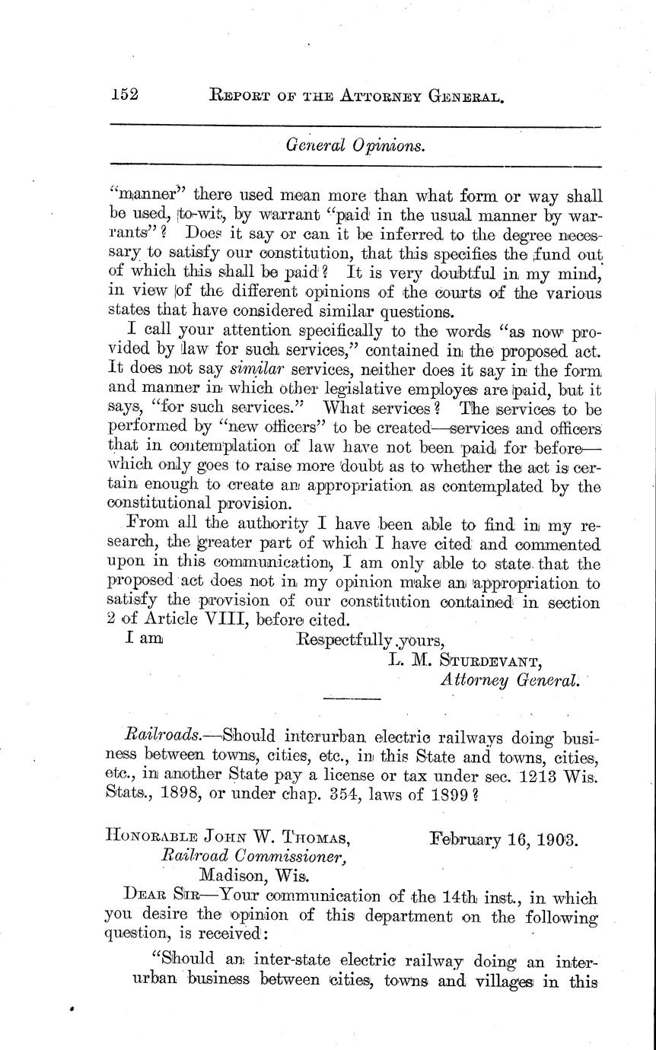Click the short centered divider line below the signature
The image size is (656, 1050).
pyautogui.click(x=352, y=698)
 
